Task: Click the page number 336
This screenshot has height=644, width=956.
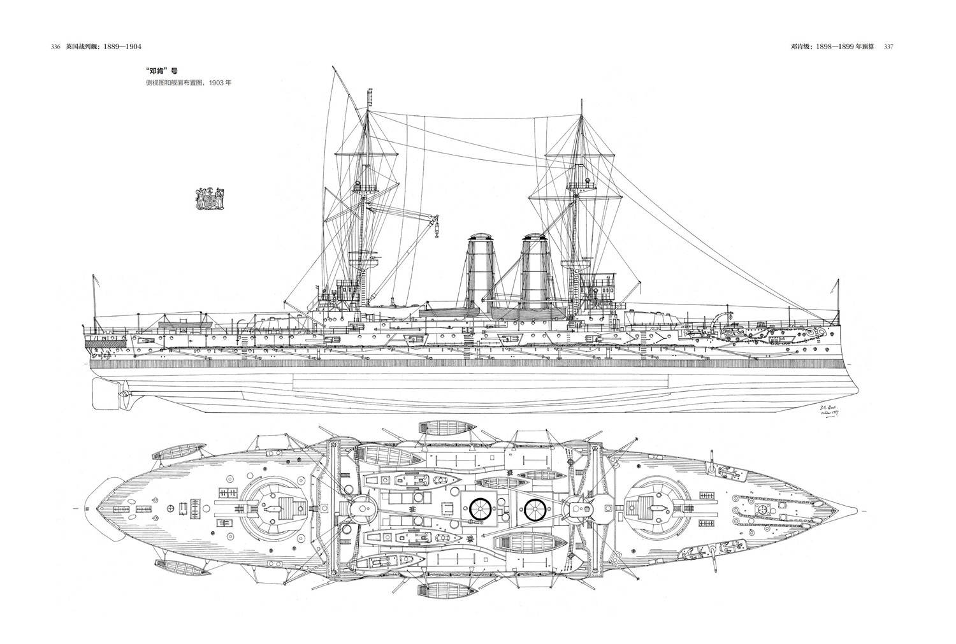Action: (x=54, y=47)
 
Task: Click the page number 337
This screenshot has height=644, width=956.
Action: (x=890, y=47)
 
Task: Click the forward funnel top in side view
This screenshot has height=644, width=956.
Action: (x=535, y=238)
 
